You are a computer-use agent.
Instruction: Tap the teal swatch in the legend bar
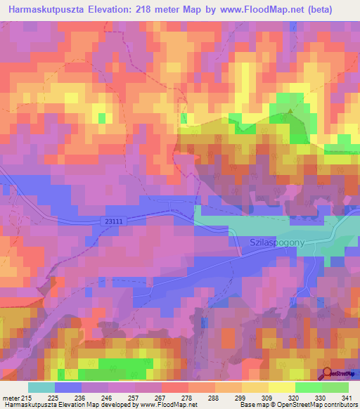click(x=41, y=387)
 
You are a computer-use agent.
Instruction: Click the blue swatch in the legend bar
click(x=68, y=387)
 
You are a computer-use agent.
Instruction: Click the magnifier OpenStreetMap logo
click(x=328, y=375)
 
